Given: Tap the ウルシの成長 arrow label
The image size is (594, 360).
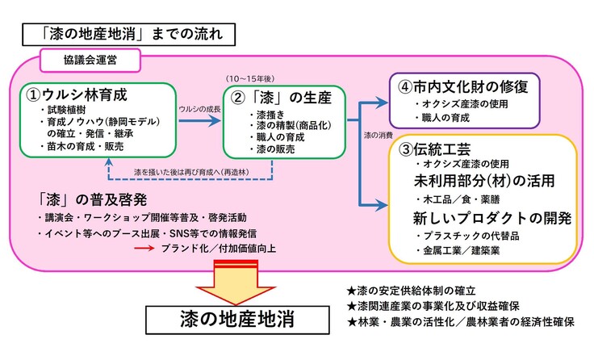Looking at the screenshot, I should point(199,108).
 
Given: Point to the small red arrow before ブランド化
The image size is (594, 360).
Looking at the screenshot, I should point(144,249).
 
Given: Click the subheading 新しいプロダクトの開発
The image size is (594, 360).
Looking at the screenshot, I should point(492,218).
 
